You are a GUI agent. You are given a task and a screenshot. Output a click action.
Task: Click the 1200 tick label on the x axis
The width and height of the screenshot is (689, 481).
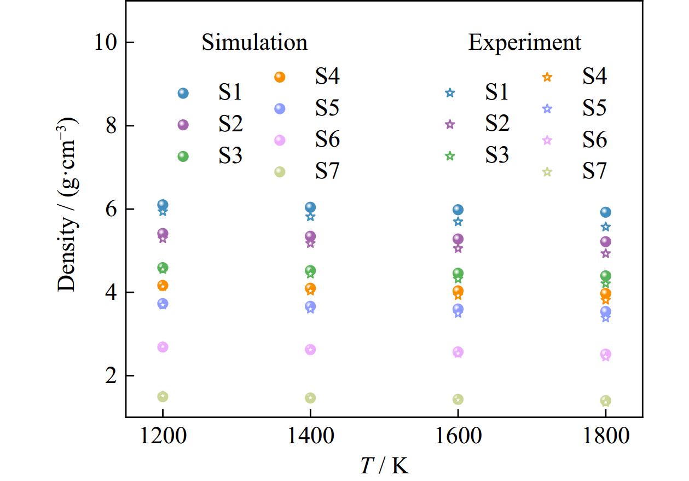point(163,437)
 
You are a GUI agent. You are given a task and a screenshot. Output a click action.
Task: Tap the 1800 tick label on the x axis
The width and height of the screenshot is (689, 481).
point(605,437)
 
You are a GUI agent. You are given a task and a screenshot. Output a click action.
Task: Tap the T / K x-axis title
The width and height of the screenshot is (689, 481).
point(384,465)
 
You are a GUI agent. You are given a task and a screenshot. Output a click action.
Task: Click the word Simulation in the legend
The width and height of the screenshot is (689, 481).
point(254,42)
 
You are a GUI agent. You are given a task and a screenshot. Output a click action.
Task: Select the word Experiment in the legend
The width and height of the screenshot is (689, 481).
point(524,42)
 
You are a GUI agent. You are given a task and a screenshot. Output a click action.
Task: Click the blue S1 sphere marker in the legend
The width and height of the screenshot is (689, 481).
point(183,94)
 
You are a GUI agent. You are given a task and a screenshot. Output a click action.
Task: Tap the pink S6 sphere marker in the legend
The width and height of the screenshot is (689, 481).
point(280,140)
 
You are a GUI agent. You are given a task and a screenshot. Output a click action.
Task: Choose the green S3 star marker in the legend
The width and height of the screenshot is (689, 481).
point(450,156)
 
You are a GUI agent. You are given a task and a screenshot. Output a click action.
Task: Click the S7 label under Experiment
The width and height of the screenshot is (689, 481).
point(594,172)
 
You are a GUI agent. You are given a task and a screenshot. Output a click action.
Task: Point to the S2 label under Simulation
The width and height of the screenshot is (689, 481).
point(231,125)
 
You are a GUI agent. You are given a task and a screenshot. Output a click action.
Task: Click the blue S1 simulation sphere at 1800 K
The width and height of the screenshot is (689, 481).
point(605,212)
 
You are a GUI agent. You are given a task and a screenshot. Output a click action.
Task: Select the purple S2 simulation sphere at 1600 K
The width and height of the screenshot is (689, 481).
point(458,239)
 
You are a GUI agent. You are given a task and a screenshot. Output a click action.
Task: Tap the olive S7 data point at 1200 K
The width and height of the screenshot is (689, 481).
point(163,397)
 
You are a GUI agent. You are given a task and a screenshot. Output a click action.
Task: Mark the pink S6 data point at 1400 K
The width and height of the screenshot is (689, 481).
point(310,350)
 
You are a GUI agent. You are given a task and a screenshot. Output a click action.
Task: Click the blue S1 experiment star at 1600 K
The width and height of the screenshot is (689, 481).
point(458,222)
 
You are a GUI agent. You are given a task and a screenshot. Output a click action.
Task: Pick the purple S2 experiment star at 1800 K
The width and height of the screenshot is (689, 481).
point(605,253)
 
